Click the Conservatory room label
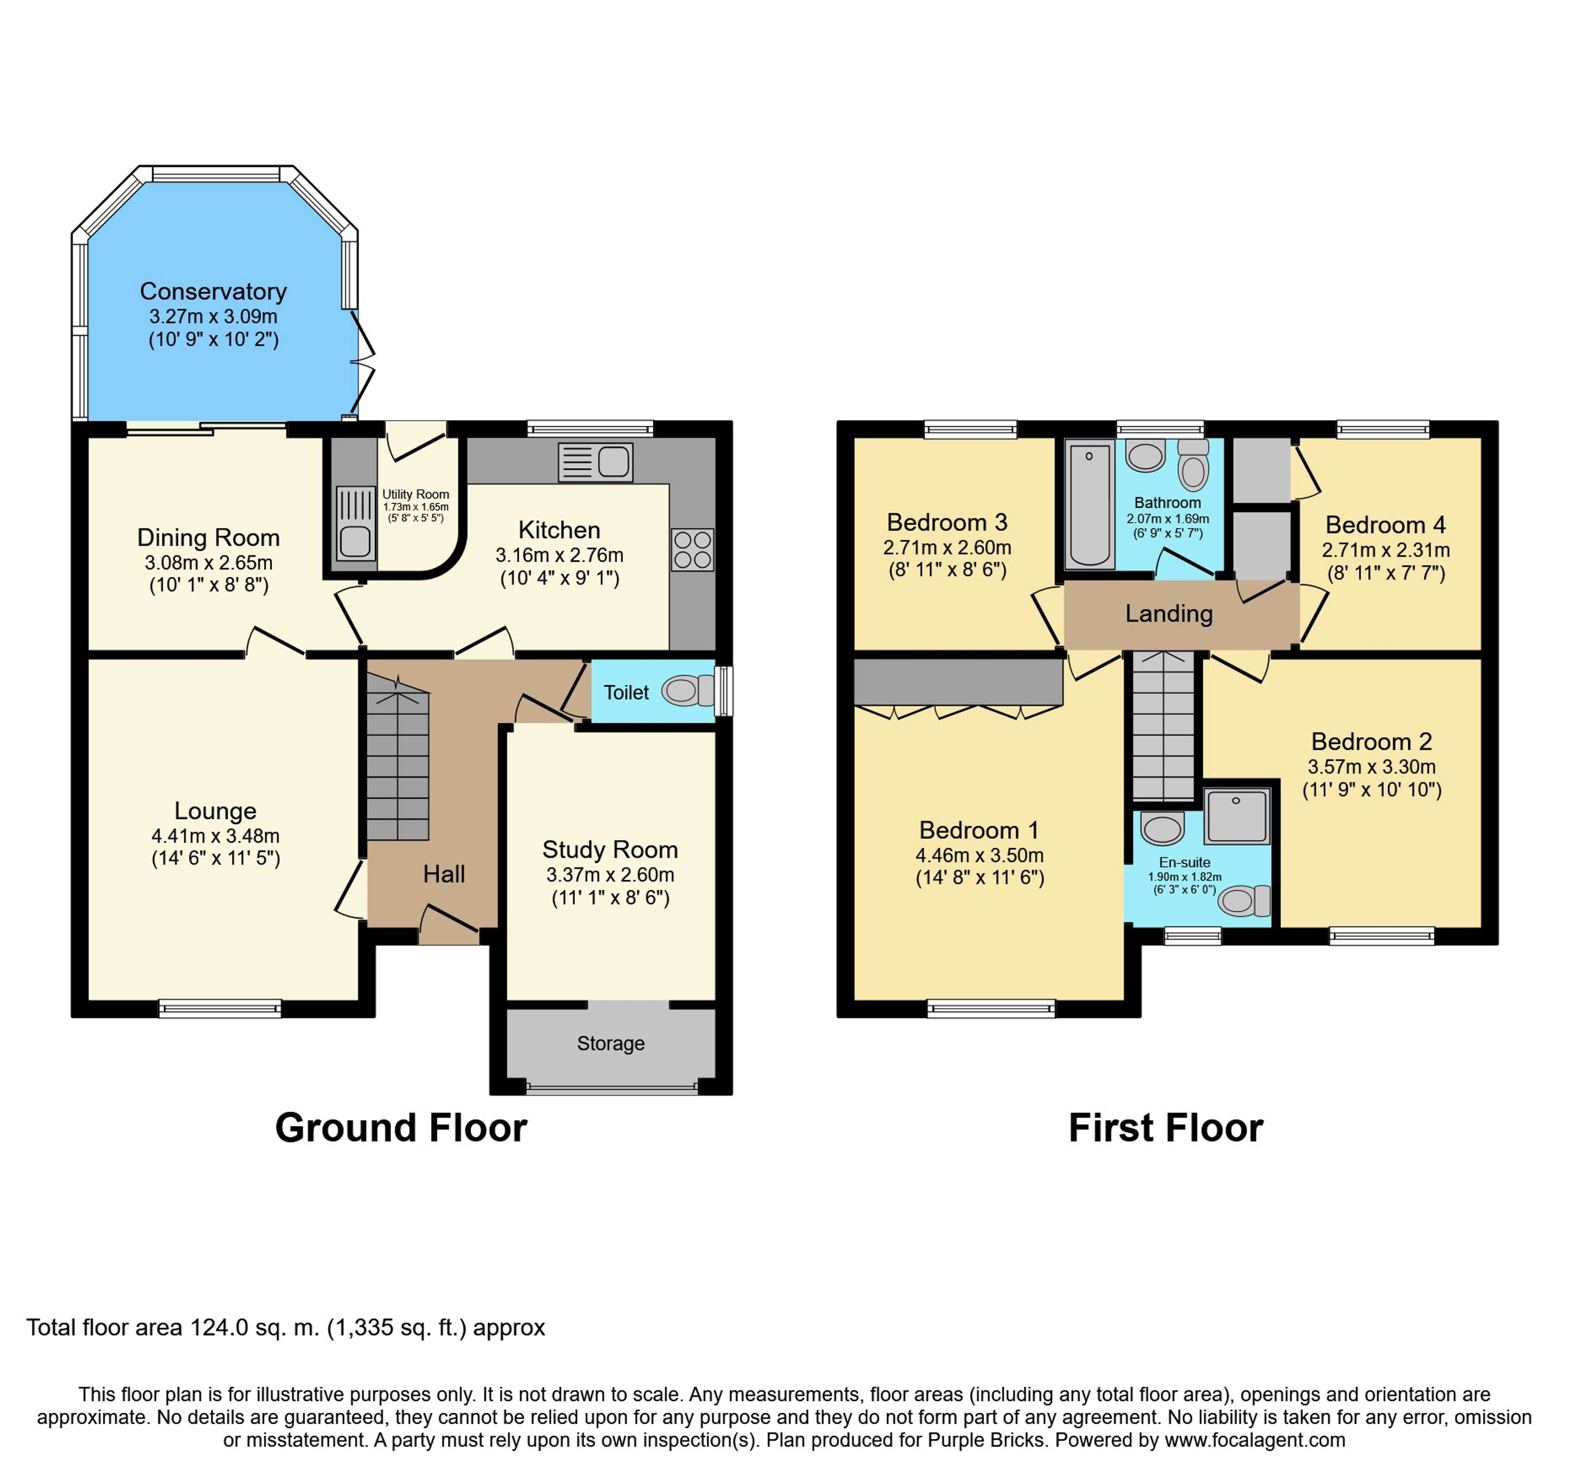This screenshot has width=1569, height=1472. pos(213,291)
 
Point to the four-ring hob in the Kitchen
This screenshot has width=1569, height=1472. pos(692,549)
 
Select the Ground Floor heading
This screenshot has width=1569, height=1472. pos(401,1128)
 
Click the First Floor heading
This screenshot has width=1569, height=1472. pos(1166,1128)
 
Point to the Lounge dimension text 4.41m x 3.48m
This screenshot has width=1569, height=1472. pos(215,836)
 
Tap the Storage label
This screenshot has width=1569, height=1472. pos(611,1043)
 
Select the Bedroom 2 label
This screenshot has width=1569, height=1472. pos(1372,742)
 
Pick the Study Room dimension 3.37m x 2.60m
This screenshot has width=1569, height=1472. pos(610,875)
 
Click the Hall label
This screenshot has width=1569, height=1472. pos(444,874)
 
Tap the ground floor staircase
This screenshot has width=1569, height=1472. pos(398,758)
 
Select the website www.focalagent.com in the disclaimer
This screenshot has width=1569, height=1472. pos(1255,1440)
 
